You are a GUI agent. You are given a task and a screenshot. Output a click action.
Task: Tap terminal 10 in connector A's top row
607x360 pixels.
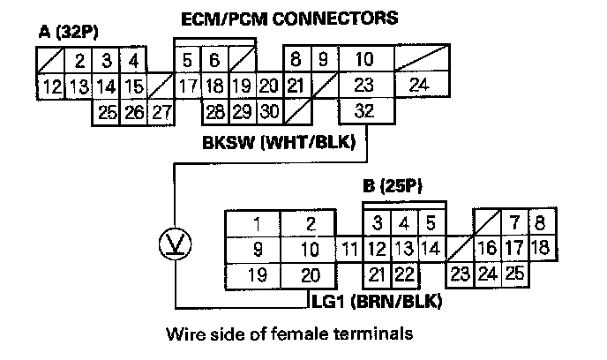(363, 60)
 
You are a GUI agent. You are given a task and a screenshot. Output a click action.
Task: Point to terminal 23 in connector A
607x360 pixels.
(364, 86)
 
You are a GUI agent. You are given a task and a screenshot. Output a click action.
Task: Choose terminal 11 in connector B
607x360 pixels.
(349, 249)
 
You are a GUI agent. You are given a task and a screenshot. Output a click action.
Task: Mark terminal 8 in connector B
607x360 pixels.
(540, 221)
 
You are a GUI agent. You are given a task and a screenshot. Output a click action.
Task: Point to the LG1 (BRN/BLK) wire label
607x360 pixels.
(378, 302)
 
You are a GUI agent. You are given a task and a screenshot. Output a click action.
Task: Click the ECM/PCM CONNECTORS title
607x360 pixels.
(289, 17)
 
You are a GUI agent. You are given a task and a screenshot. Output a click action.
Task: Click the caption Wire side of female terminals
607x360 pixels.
(289, 334)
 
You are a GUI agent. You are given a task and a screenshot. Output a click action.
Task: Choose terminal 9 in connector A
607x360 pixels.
(323, 60)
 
